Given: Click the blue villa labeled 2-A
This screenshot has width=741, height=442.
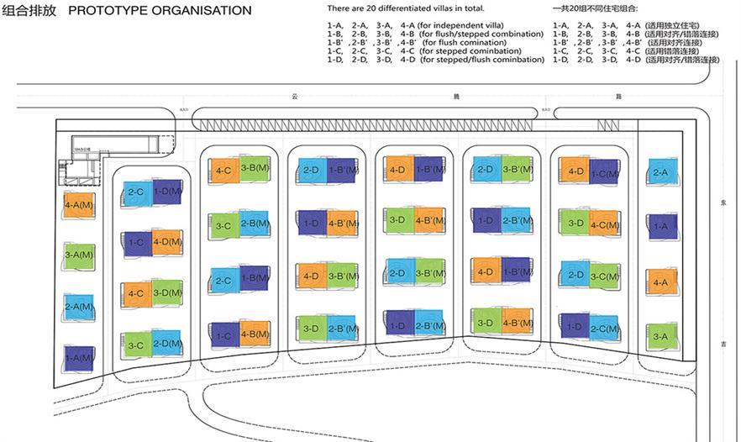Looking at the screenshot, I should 660,173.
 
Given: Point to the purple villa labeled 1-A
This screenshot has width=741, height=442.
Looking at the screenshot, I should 660,225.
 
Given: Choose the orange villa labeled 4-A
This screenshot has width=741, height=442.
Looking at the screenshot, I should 660,283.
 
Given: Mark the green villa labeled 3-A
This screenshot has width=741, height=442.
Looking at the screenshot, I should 660,337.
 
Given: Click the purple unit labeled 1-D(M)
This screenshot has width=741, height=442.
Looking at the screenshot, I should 167,193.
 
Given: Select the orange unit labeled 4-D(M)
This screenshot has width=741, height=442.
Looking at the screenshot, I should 167,243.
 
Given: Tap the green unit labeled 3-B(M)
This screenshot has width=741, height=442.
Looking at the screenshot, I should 255,168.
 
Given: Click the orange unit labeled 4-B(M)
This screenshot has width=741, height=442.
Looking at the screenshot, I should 255,334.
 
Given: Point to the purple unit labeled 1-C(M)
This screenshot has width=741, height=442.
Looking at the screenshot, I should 604,174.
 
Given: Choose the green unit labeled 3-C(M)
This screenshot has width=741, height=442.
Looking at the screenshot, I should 604,276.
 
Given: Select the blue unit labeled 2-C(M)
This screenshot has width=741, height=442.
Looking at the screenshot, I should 604,328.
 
